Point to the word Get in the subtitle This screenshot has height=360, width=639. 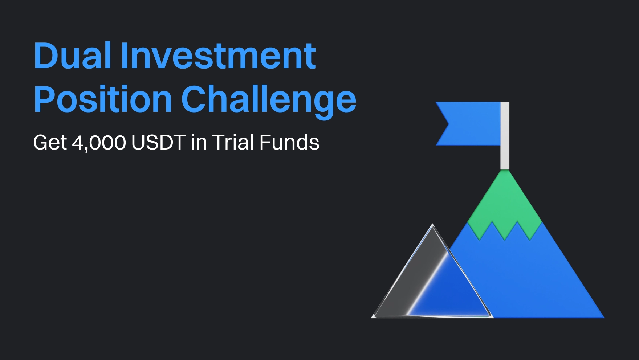tap(50, 142)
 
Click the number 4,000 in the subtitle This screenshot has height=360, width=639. tap(99, 143)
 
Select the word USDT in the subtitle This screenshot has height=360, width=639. tap(159, 142)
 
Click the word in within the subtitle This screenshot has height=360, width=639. tap(199, 142)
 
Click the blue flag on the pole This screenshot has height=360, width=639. tap(468, 124)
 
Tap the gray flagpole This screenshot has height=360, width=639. tap(505, 136)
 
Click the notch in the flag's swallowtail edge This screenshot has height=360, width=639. tap(449, 124)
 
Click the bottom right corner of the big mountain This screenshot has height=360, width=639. tap(604, 318)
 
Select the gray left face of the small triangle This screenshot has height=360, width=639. tap(410, 279)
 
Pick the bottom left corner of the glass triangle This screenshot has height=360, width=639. tap(372, 318)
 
